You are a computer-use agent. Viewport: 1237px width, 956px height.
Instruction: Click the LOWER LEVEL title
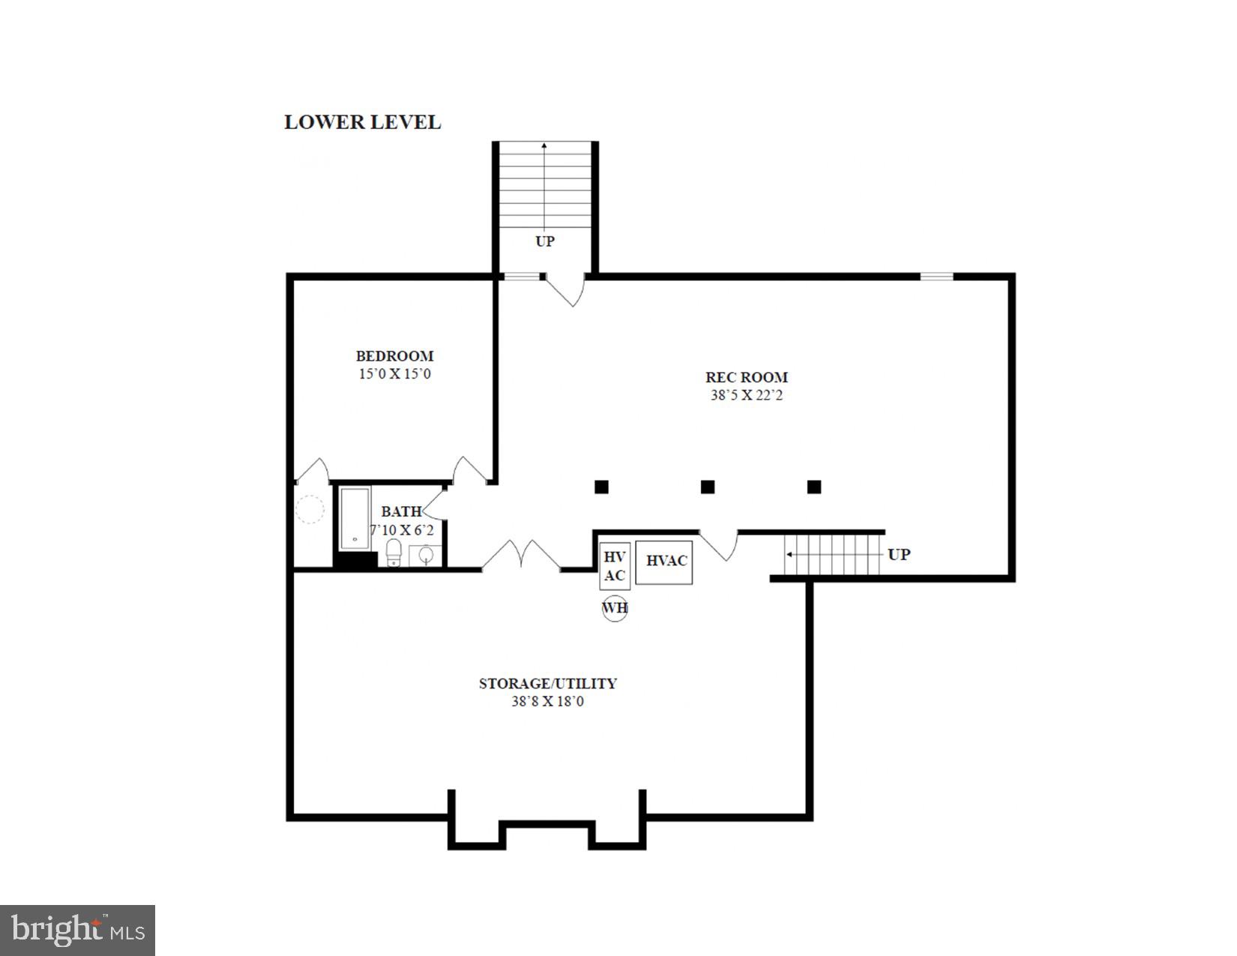362,122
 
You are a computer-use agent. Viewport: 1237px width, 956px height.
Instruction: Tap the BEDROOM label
394,356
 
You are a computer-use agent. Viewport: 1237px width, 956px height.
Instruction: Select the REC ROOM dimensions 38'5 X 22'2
746,395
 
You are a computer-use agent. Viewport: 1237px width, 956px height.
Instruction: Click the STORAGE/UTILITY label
547,683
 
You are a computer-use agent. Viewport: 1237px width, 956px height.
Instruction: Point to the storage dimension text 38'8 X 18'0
547,702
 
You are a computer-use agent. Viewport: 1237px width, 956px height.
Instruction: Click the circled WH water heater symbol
615,607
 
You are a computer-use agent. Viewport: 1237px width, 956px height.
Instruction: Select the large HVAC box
663,562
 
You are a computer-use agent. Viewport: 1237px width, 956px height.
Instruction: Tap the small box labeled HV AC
614,566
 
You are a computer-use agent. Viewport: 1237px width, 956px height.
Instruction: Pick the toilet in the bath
394,553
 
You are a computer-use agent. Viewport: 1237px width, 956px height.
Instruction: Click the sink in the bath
425,556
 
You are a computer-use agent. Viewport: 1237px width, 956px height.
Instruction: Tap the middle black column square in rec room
707,487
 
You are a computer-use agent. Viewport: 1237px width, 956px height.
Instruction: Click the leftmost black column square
601,487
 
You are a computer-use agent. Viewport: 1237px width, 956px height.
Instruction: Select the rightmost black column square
814,487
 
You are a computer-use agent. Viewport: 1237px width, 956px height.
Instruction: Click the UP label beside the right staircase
898,555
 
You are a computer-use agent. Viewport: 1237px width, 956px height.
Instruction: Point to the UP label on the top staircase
544,241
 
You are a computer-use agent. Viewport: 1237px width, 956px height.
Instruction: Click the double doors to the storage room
520,556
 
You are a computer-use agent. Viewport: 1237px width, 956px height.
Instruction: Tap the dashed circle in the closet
310,509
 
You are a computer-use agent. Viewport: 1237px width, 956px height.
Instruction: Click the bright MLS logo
78,931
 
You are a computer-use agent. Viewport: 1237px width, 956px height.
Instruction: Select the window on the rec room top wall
936,277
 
